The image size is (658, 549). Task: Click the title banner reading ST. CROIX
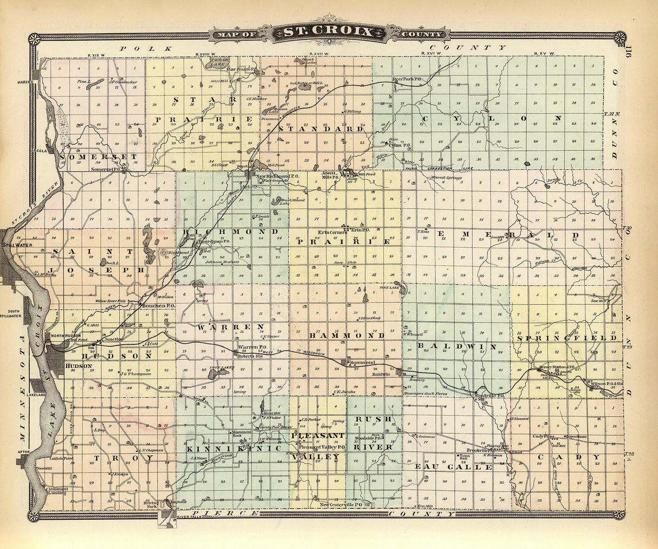click(x=328, y=33)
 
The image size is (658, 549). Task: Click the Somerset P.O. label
click(x=108, y=169)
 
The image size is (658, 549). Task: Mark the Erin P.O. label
click(x=356, y=230)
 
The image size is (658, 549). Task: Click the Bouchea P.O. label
click(x=157, y=306)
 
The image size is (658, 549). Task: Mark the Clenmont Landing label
click(x=57, y=490)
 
